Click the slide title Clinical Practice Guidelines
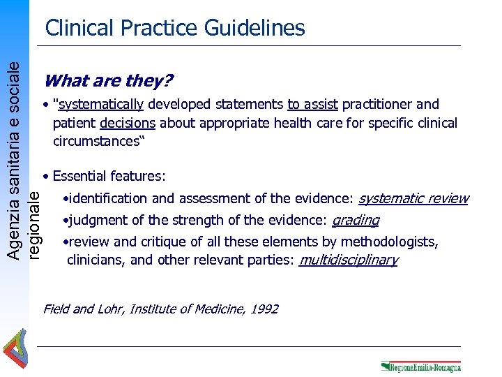[x=175, y=28]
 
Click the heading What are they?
[x=108, y=81]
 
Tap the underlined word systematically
[x=101, y=105]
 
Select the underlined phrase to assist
[x=312, y=105]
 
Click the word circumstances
[x=94, y=141]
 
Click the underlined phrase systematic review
[x=413, y=198]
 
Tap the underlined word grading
[x=355, y=221]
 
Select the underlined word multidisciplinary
[x=348, y=260]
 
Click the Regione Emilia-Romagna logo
[x=420, y=366]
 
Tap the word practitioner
[x=376, y=105]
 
